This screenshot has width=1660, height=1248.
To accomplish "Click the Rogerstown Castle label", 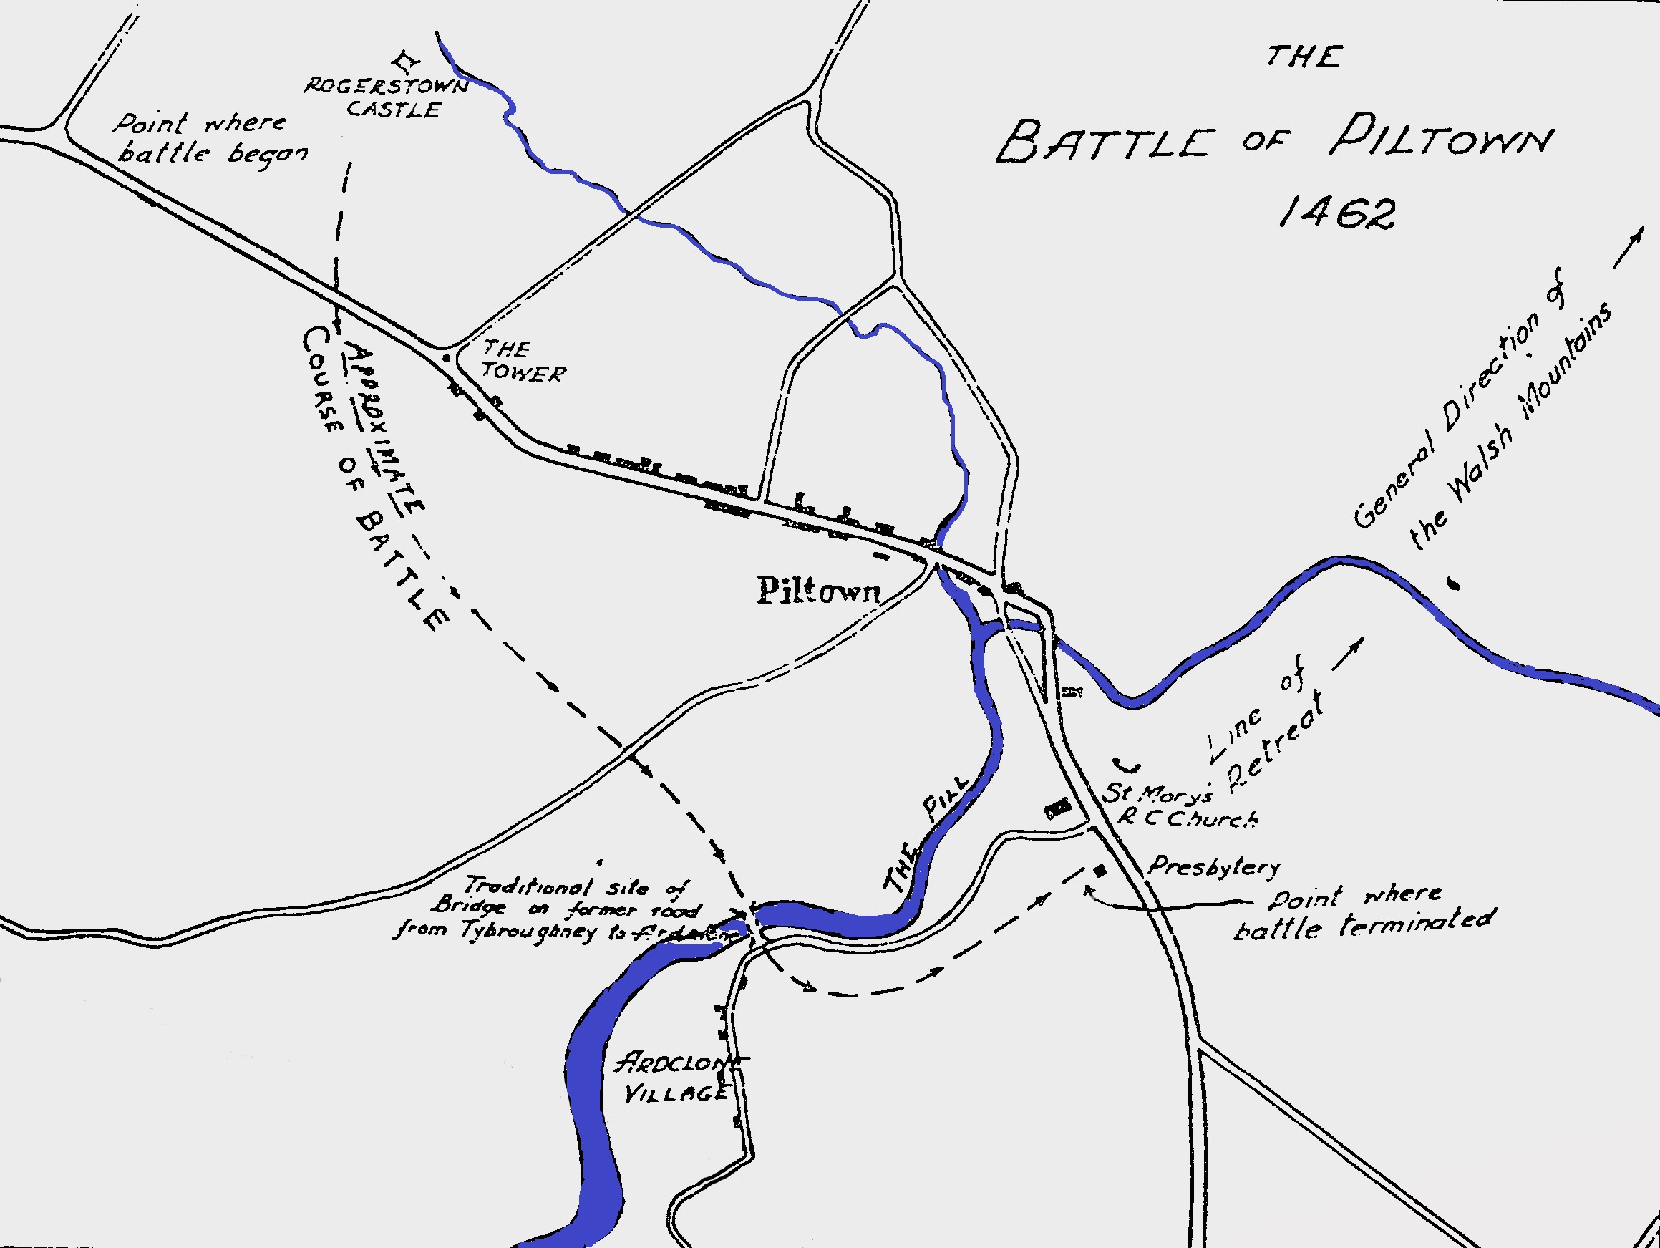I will [x=387, y=97].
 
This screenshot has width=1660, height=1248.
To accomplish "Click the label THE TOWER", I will [x=523, y=361].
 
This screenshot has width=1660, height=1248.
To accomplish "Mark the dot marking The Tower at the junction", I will [x=445, y=358].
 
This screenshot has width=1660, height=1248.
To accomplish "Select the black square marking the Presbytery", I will [x=1100, y=871].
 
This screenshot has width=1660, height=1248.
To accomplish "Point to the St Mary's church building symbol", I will [x=1058, y=808].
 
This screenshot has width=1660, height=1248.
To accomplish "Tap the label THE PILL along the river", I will [x=927, y=833].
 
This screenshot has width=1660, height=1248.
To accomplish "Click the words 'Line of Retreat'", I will [x=1268, y=728].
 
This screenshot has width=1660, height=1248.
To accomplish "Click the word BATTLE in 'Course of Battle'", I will [x=402, y=574].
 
